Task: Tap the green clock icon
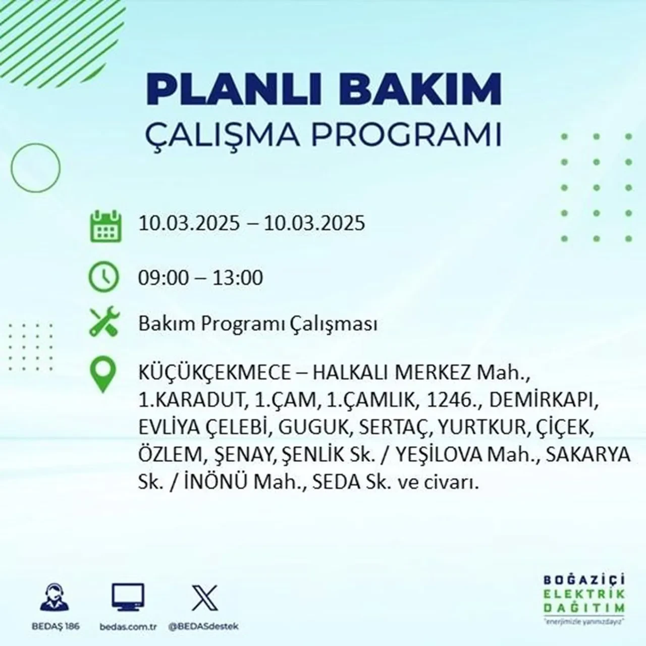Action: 104,277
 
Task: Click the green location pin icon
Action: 103,374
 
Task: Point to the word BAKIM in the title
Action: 424,90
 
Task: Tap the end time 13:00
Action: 238,278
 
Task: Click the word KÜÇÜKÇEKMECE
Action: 215,373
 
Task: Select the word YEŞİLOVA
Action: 440,455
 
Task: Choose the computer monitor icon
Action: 128,597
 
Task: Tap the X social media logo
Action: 205,598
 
